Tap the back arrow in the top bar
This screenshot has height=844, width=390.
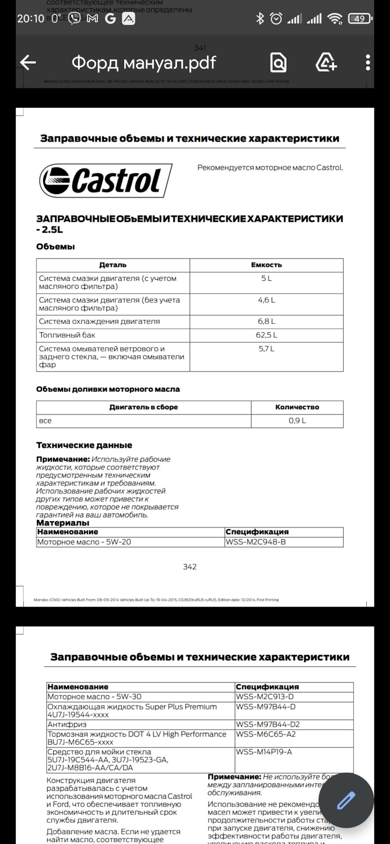(x=28, y=63)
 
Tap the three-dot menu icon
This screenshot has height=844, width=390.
(x=368, y=63)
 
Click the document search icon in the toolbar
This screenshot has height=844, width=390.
(x=278, y=63)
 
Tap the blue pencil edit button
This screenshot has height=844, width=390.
(x=346, y=800)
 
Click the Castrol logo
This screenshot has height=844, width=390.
(x=106, y=181)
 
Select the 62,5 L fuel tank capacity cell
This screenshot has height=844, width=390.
(x=266, y=335)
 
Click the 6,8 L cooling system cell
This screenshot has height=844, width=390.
(x=266, y=321)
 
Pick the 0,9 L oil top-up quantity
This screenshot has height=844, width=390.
(x=297, y=421)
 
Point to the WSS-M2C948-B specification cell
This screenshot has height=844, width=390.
(x=255, y=542)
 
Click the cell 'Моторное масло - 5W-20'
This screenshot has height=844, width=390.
(x=84, y=542)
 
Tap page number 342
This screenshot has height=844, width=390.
(x=190, y=567)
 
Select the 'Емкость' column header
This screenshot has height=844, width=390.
(x=266, y=265)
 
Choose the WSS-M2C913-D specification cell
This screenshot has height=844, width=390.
(x=265, y=696)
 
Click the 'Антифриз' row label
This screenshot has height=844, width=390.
(x=67, y=724)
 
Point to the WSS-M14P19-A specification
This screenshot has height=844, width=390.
(x=264, y=752)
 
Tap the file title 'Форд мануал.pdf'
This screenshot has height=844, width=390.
(x=144, y=63)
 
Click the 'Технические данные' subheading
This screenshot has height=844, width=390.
(x=84, y=445)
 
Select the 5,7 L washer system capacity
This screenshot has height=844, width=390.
(x=266, y=349)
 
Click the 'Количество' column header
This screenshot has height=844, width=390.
(x=297, y=407)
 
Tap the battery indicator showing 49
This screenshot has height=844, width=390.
(x=359, y=18)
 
